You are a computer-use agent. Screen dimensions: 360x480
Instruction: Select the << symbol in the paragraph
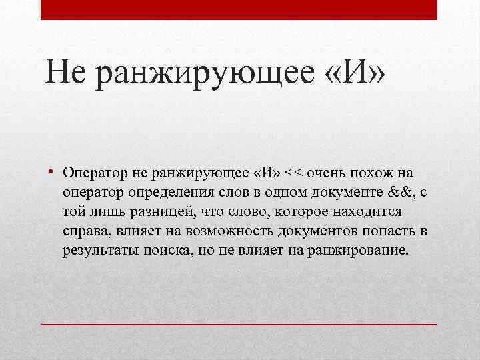(x=293, y=173)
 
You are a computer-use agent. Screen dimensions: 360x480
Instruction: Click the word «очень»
(x=325, y=173)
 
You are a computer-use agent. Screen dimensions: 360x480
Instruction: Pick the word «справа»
(x=87, y=231)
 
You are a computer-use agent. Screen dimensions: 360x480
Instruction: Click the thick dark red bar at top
(x=239, y=9)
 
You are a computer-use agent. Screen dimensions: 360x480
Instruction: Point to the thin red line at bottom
(x=239, y=323)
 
